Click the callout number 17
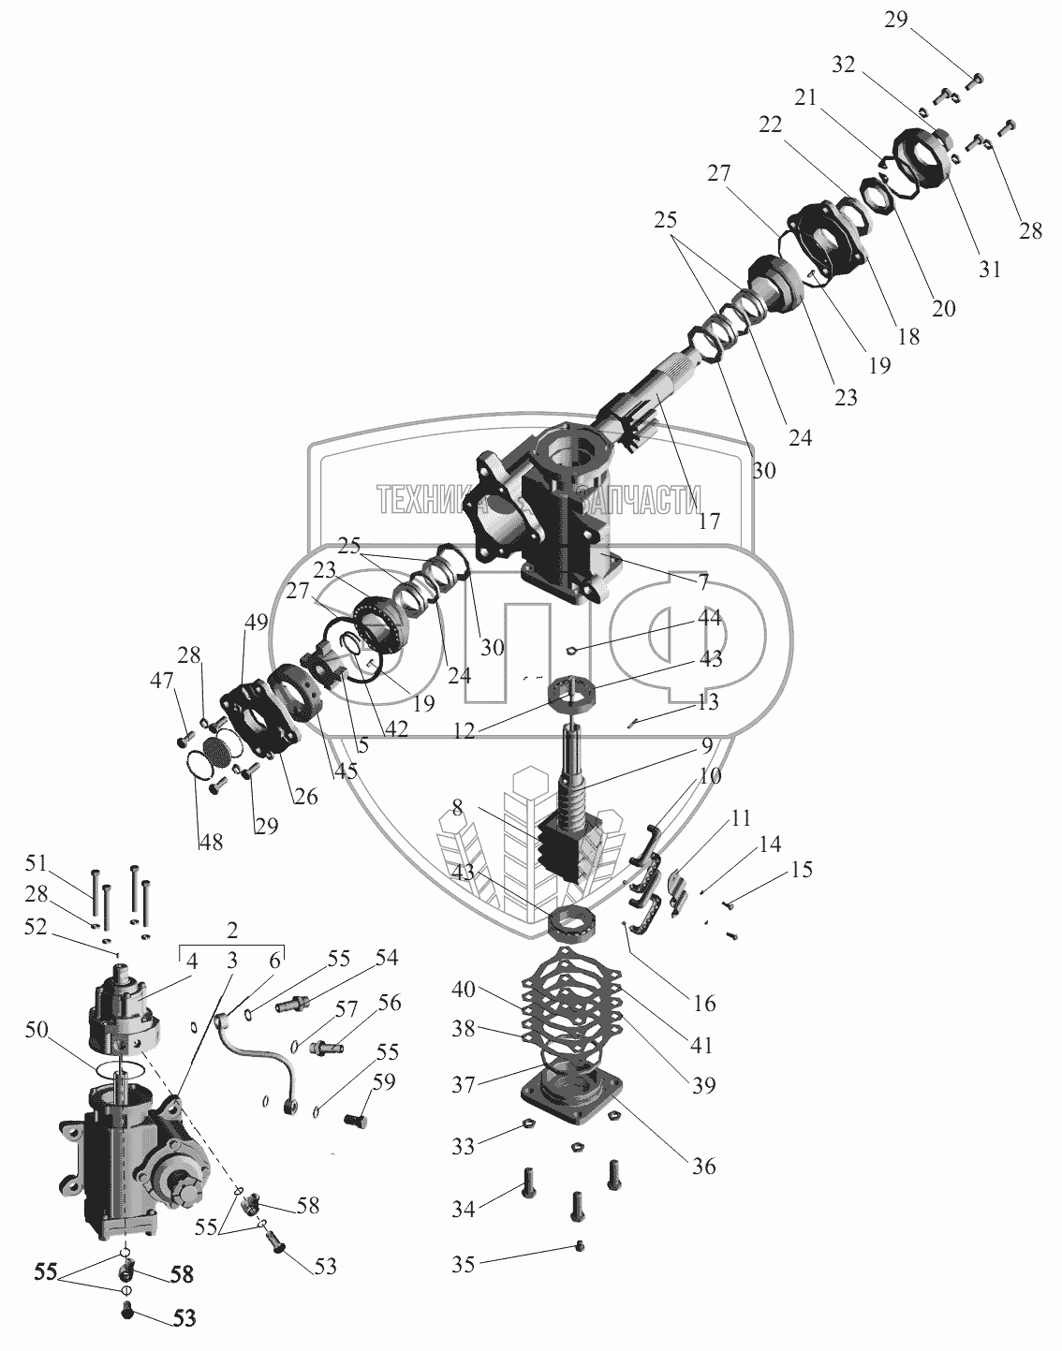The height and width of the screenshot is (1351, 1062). tap(710, 521)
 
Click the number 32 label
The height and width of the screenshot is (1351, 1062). tap(844, 66)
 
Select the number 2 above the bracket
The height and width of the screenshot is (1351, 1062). tap(231, 932)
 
